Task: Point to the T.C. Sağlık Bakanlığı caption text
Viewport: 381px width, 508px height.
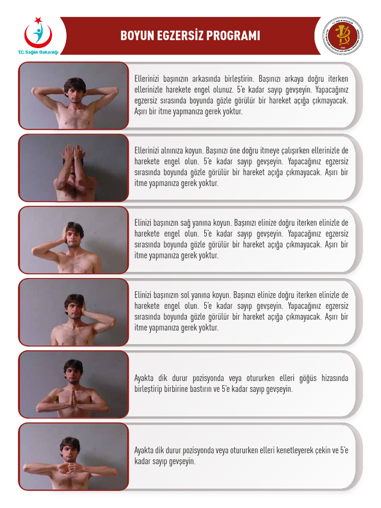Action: click(38, 52)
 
